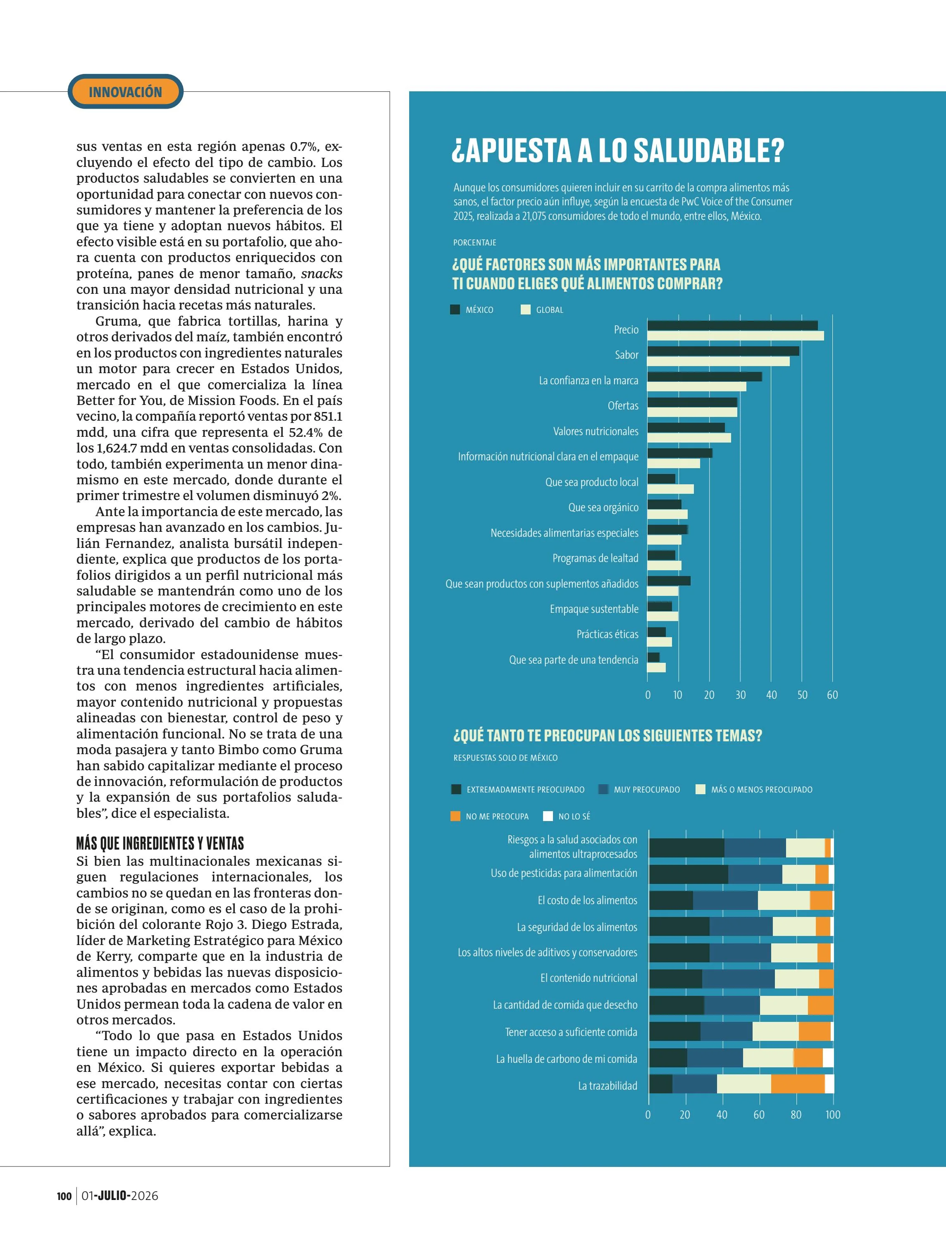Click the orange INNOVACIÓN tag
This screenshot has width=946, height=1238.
click(125, 91)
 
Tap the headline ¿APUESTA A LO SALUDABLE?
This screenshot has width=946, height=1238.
click(618, 150)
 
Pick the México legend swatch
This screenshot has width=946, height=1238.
click(455, 309)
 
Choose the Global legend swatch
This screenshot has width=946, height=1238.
click(525, 309)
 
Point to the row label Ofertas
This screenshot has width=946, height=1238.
click(623, 405)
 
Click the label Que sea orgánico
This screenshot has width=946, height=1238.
click(603, 507)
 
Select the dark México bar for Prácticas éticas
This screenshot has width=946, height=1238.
click(657, 632)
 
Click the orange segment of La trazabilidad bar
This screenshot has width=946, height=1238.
click(798, 1084)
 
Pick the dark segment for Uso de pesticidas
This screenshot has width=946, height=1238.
click(689, 874)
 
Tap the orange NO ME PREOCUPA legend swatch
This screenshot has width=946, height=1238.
click(455, 816)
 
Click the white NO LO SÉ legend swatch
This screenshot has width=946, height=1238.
click(548, 816)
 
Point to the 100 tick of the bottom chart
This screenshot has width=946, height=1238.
click(833, 1115)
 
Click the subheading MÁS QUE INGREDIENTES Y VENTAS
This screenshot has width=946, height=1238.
click(160, 843)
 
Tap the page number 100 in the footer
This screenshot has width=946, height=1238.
click(64, 1196)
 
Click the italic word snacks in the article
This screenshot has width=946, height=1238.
click(322, 274)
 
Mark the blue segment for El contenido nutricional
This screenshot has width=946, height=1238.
click(738, 978)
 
